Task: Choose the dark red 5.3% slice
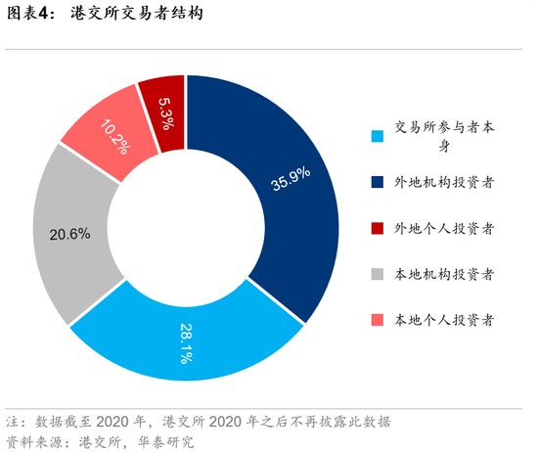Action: (163, 108)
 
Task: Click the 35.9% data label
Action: (291, 177)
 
